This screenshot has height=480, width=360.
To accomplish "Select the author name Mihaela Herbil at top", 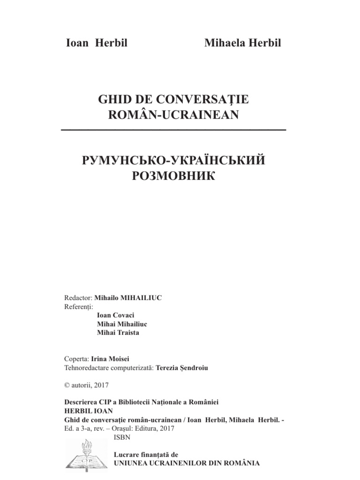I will pos(243,43).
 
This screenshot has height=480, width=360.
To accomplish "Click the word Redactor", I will pos(78,298).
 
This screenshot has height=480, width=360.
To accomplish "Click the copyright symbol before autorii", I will pos(66,385).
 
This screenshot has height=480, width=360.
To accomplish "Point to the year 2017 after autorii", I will pos(101,385).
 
